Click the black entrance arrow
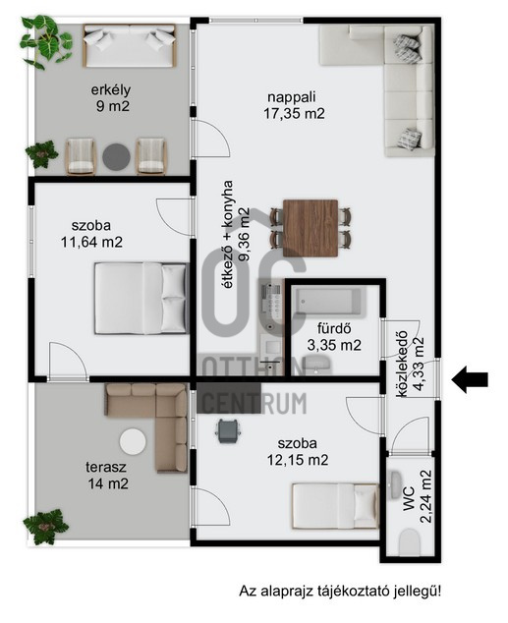point(470,379)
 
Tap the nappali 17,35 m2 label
point(294,105)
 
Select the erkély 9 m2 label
point(112,97)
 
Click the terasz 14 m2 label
point(107,476)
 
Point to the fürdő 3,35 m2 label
point(334,337)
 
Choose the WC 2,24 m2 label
point(417,496)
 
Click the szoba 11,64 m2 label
point(91,234)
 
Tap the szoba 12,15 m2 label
point(298,452)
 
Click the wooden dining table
point(310,228)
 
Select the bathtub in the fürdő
point(328,303)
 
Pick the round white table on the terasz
point(133,442)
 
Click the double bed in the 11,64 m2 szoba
point(141,298)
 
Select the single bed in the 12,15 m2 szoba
point(336,506)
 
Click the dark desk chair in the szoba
point(227,431)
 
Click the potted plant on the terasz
point(44,527)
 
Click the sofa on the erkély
point(129,45)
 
